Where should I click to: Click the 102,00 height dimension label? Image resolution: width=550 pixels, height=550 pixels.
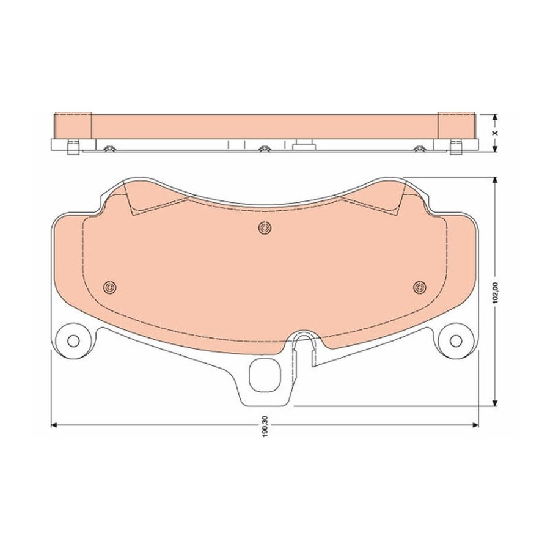495,293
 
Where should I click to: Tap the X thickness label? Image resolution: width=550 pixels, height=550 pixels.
495,133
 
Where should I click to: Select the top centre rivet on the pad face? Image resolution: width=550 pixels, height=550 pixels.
265,229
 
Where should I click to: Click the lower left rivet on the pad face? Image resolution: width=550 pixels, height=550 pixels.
110,287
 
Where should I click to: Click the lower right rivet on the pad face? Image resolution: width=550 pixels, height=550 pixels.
419,287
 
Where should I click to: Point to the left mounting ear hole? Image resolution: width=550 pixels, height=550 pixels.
73,340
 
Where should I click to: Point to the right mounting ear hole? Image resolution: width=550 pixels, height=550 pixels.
456,340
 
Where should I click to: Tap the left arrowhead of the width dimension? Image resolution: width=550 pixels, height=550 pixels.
54,425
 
